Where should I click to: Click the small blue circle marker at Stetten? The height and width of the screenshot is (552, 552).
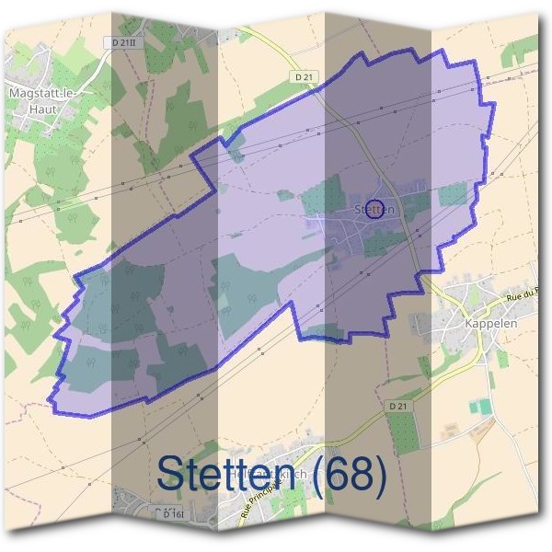click(x=374, y=207)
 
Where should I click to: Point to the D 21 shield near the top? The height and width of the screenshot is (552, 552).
click(x=307, y=76)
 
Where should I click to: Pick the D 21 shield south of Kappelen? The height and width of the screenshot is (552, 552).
click(x=397, y=406)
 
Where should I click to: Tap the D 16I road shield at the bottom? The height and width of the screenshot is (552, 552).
click(x=166, y=512)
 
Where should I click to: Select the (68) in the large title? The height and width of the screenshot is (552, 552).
click(x=344, y=475)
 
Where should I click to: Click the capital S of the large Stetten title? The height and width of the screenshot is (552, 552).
click(x=171, y=475)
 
